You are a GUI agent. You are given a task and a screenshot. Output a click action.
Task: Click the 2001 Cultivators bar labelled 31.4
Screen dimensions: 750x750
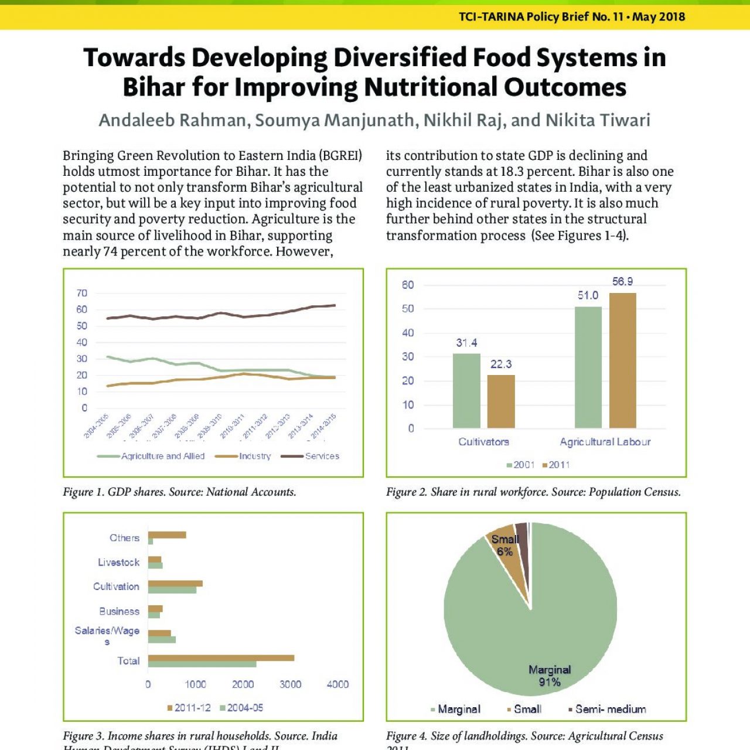pyautogui.click(x=466, y=391)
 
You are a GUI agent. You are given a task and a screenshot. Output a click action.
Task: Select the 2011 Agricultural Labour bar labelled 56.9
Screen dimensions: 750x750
pyautogui.click(x=622, y=360)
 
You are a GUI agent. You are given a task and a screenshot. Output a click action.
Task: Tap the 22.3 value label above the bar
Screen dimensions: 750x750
pyautogui.click(x=501, y=364)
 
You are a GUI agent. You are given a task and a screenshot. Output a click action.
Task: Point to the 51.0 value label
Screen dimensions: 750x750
pyautogui.click(x=588, y=295)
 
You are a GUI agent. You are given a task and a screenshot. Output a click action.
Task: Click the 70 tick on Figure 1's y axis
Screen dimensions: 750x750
pyautogui.click(x=82, y=293)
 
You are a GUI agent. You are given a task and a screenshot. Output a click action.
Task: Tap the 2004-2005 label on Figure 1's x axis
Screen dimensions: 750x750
pyautogui.click(x=96, y=426)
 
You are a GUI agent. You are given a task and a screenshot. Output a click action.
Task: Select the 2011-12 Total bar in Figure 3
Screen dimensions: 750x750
pyautogui.click(x=221, y=658)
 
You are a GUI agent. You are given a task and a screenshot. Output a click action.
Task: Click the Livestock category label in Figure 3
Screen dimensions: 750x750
pyautogui.click(x=118, y=562)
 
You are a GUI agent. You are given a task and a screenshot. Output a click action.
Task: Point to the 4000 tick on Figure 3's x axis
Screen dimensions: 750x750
pyautogui.click(x=337, y=684)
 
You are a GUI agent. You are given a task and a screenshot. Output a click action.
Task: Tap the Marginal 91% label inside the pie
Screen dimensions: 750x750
pyautogui.click(x=550, y=676)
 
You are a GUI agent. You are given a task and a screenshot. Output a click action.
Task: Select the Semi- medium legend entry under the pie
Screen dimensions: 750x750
pyautogui.click(x=610, y=710)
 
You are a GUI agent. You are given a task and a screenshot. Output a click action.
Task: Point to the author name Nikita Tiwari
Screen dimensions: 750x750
pyautogui.click(x=598, y=120)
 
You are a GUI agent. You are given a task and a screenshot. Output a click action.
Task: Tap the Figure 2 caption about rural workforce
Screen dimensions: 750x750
pyautogui.click(x=533, y=492)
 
